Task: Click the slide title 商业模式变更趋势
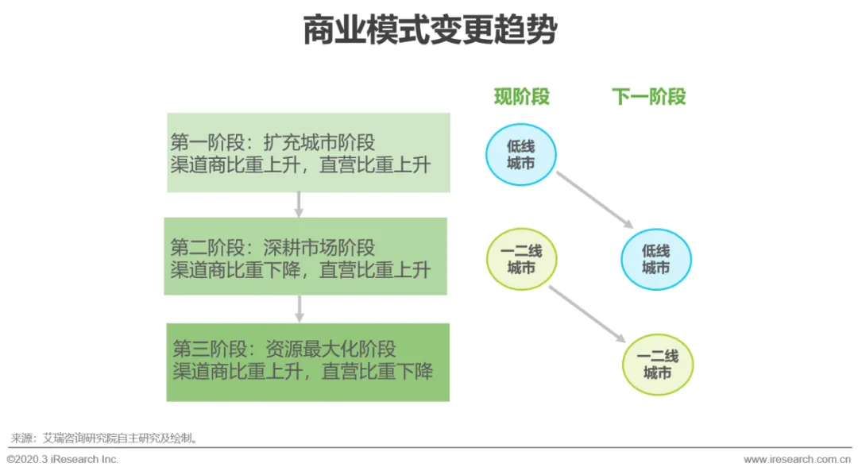pos(430,32)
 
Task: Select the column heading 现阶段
pos(521,97)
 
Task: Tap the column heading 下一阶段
pos(648,97)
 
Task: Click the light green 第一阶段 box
pos(308,153)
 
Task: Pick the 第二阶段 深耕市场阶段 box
pos(306,257)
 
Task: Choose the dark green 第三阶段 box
pos(307,361)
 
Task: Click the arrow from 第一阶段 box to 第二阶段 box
pos(299,204)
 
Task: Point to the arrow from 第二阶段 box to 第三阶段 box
pos(300,309)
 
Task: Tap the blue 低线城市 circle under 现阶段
pos(521,154)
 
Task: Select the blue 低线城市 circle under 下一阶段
pos(656,259)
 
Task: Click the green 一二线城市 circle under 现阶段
pos(521,259)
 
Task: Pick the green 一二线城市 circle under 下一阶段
pos(657,364)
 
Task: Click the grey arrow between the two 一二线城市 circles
pos(591,315)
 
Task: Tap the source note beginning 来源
pos(103,438)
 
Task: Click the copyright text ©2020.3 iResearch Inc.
pos(62,460)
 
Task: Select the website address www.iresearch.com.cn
pos(796,460)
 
